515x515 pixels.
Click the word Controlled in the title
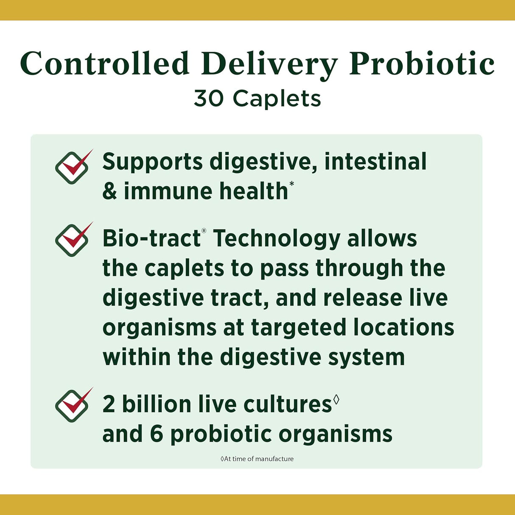click(104, 64)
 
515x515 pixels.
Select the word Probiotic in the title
click(422, 64)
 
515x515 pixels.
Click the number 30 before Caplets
click(208, 98)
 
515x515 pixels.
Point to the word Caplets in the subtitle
click(277, 99)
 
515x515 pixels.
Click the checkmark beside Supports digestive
click(73, 167)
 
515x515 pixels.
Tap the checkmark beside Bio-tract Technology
click(73, 240)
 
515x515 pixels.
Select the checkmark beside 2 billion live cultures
click(73, 405)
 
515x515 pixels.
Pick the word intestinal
click(375, 162)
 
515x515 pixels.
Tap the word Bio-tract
click(151, 238)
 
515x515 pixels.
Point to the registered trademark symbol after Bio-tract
click(204, 231)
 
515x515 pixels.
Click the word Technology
click(277, 239)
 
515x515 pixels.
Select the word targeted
click(299, 328)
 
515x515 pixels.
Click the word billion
click(157, 404)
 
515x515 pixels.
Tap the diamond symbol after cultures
click(336, 399)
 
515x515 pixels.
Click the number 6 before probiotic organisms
click(157, 434)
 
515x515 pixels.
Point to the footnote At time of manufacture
click(257, 459)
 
